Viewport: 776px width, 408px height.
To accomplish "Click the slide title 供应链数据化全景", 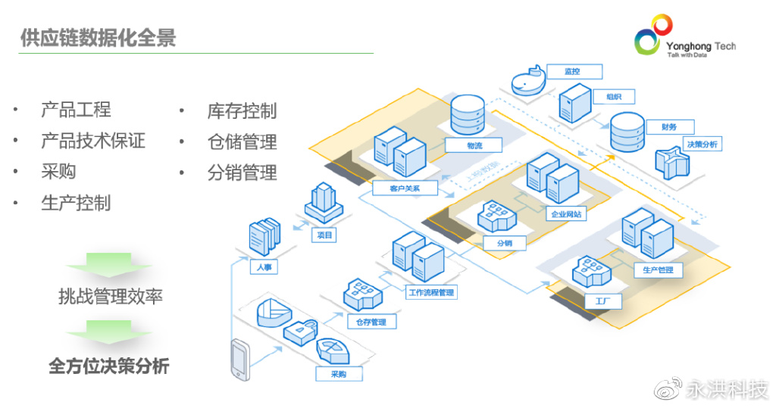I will click(x=98, y=38).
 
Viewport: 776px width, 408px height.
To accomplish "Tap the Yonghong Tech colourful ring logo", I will click(x=652, y=34).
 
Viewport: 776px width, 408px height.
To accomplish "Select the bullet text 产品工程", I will click(x=76, y=110).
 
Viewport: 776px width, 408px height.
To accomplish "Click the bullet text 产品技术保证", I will click(x=92, y=141).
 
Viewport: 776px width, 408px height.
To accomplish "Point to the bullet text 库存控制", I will click(x=242, y=111).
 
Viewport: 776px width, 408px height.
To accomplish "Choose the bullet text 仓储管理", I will click(x=242, y=142).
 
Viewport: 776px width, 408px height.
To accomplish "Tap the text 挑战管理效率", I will click(x=110, y=296).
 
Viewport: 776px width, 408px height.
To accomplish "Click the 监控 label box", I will click(x=573, y=72).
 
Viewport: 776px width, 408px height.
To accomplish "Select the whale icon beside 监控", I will click(x=527, y=81).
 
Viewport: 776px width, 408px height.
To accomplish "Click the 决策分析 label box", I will click(x=702, y=144).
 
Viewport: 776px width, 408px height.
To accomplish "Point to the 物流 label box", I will click(x=474, y=145).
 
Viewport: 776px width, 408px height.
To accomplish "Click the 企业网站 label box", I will click(x=565, y=214).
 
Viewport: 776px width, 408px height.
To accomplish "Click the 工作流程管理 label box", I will click(x=431, y=291).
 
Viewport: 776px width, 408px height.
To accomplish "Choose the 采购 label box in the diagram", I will click(x=339, y=374).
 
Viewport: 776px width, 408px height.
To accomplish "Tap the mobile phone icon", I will click(x=240, y=360).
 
